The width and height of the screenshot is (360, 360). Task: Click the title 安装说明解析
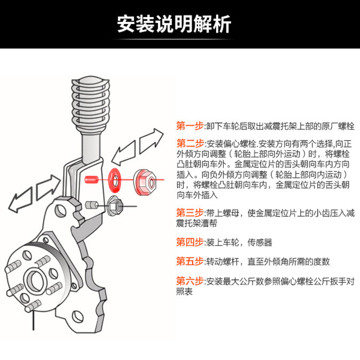click(174, 24)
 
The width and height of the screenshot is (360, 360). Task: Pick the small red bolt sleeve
click(90, 179)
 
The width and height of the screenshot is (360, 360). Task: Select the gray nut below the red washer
click(114, 204)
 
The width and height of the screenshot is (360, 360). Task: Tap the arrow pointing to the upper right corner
click(152, 140)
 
